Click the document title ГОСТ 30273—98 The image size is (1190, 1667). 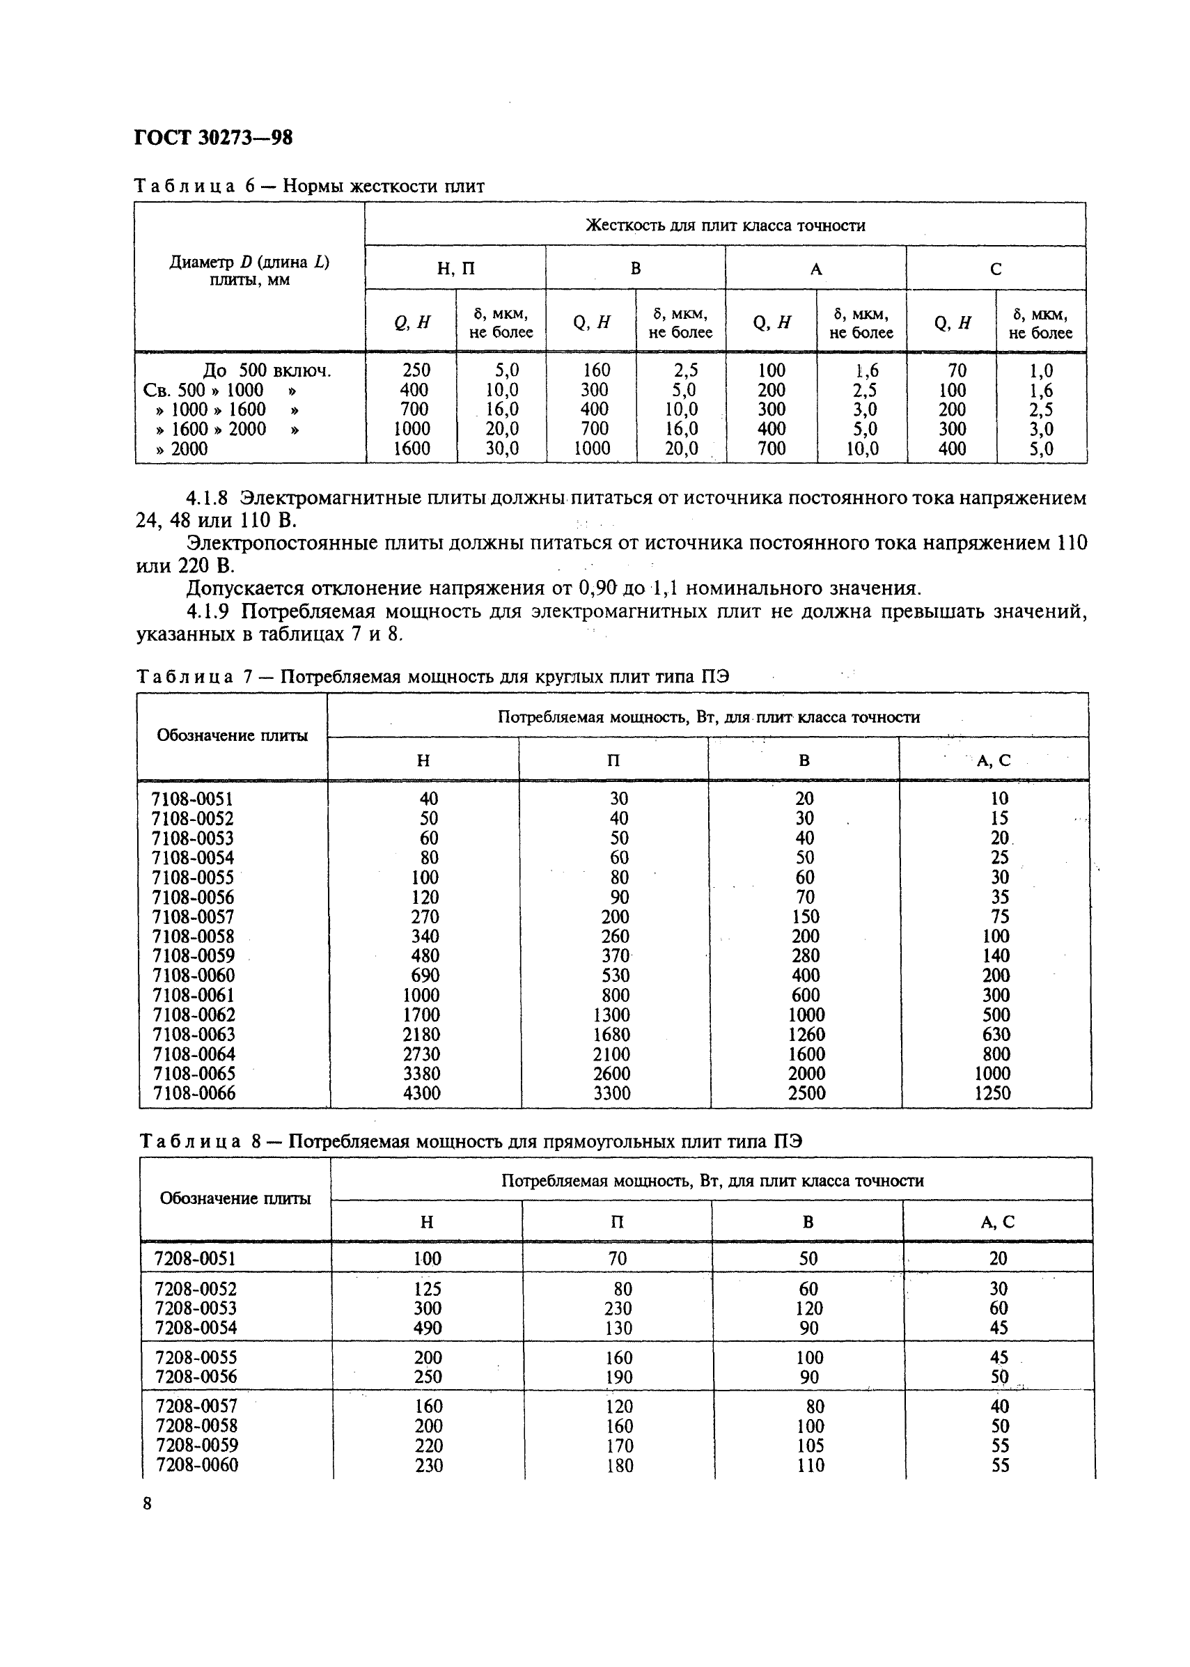pos(213,138)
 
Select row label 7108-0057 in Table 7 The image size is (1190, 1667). pos(193,916)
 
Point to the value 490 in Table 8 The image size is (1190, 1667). pos(428,1328)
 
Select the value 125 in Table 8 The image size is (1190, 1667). pos(428,1289)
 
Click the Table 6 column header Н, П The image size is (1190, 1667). pos(455,269)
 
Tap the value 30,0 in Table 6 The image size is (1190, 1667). pos(502,448)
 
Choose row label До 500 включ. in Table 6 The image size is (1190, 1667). pos(267,370)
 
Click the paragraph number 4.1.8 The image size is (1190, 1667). pos(207,499)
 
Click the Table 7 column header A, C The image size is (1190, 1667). pos(993,760)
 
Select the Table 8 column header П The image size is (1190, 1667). pos(617,1221)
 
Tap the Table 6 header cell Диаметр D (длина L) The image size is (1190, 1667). pos(249,263)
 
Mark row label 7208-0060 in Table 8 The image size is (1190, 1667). pos(196,1465)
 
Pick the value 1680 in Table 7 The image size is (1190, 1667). pos(614,1034)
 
